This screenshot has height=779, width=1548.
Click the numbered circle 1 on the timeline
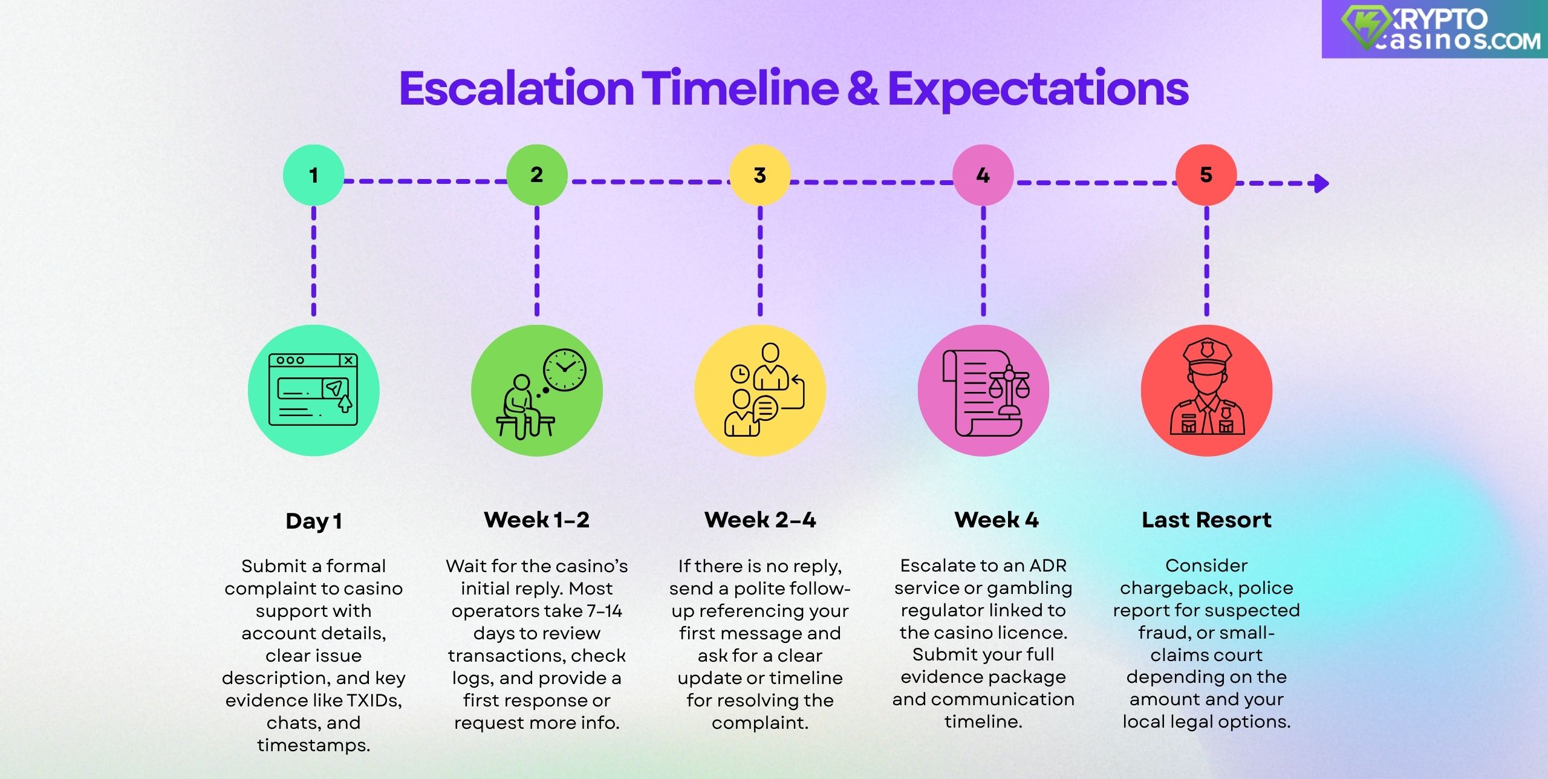point(313,175)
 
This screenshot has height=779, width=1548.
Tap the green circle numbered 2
point(536,175)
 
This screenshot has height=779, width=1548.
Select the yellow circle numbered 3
point(759,175)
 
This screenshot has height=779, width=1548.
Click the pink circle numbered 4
point(983,175)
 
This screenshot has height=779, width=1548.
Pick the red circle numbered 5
point(1206,175)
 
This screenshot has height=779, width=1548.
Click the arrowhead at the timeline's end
point(1322,183)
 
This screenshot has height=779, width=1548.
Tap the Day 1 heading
point(314,521)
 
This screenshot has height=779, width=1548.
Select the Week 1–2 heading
point(536,520)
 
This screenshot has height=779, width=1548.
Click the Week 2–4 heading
point(760,520)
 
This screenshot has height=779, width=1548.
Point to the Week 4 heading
point(997,520)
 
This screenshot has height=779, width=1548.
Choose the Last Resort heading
point(1206,520)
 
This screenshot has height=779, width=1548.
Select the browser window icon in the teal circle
point(313,389)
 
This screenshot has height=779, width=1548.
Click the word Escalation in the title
point(516,89)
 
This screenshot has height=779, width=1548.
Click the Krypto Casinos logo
point(1434,28)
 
